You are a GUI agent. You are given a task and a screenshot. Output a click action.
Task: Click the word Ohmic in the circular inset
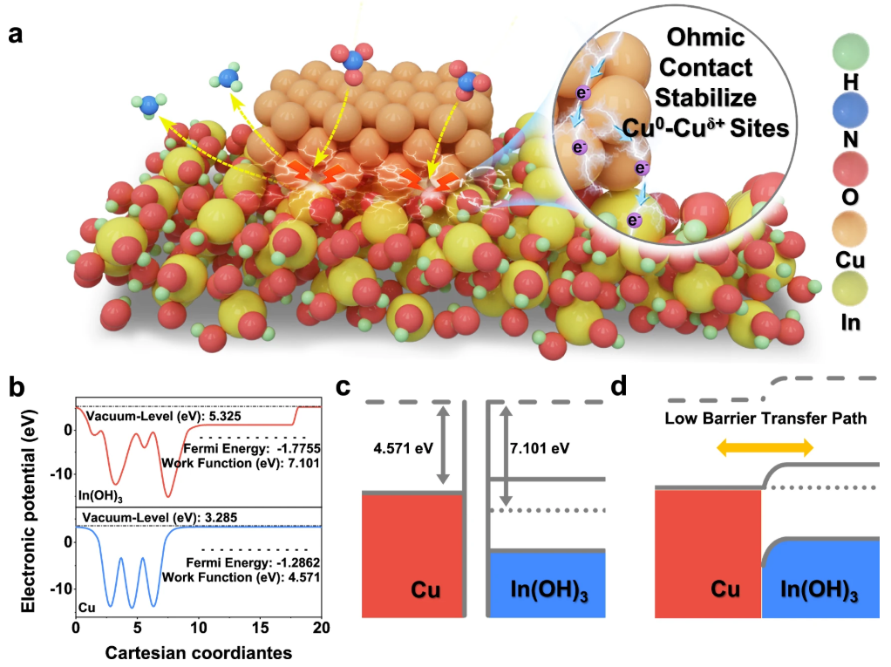click(x=704, y=39)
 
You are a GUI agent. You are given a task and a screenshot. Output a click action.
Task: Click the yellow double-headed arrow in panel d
click(x=765, y=447)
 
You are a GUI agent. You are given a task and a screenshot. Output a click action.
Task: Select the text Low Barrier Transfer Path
click(x=765, y=419)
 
